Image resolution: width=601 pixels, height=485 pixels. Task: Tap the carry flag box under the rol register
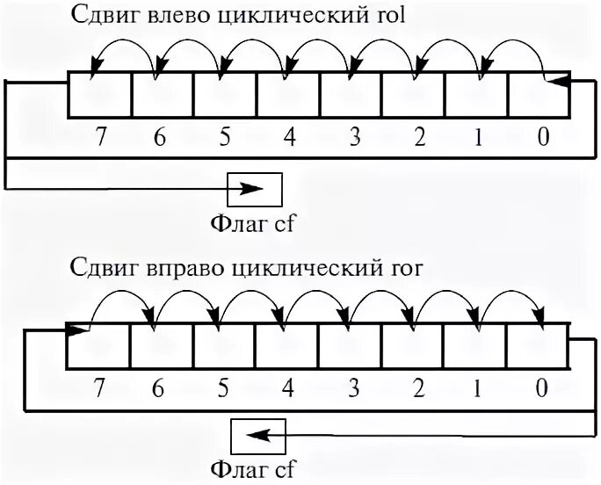tap(256, 188)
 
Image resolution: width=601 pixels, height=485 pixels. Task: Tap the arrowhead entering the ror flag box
tap(253, 435)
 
